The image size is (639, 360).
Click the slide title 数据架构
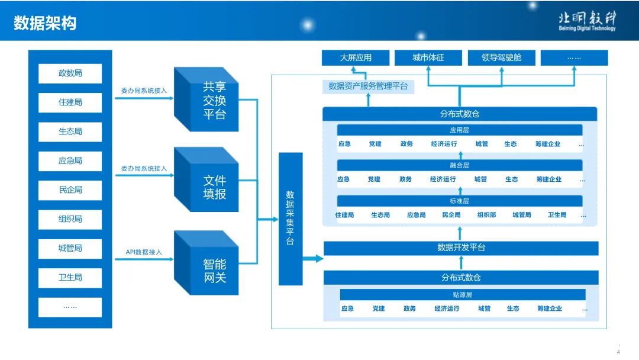point(46,22)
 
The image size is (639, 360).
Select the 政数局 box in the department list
point(70,73)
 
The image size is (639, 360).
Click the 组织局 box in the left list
point(70,219)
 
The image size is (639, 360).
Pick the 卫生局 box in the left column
point(70,277)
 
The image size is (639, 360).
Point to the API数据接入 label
point(144,252)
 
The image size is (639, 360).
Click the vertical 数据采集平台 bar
point(291,218)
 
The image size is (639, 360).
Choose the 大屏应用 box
point(356,58)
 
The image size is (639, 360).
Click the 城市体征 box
point(428,58)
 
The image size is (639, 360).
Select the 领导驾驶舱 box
point(501,58)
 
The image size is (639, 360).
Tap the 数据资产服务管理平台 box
point(368,86)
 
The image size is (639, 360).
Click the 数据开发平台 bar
point(461,247)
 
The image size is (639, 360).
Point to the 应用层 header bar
point(459,130)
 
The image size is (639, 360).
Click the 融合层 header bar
point(459,166)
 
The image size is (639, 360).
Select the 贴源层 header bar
point(462,295)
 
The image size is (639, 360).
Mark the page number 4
point(618,352)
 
